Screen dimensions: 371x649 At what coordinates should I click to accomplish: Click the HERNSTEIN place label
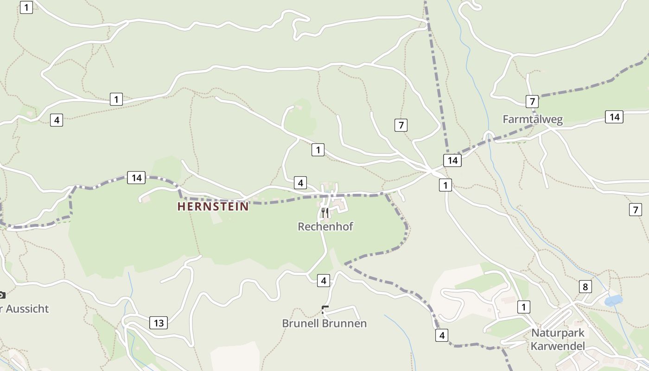(213, 206)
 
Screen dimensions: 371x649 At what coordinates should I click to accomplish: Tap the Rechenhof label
(325, 227)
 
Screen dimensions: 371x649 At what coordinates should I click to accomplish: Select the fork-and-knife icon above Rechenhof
(325, 213)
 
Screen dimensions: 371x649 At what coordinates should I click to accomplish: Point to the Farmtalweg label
(533, 120)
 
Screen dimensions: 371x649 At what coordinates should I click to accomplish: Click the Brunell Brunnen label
(324, 323)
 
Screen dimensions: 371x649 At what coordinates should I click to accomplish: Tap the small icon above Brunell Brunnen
(325, 309)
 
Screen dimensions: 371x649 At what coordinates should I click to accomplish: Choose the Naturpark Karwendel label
(558, 339)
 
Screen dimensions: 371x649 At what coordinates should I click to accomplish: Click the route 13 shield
(159, 323)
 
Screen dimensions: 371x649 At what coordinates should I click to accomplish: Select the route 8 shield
(585, 287)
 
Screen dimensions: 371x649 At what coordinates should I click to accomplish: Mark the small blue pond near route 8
(614, 301)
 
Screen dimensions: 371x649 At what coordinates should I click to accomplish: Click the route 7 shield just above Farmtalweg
(532, 101)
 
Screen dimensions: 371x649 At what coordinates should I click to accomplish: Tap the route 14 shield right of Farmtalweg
(614, 117)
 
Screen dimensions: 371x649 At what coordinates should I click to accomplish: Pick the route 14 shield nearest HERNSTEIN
(136, 178)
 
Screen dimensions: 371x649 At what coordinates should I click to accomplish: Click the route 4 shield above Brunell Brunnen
(324, 281)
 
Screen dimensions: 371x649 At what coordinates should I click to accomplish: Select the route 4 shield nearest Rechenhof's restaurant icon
(300, 183)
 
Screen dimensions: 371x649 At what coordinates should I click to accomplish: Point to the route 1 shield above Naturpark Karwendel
(524, 307)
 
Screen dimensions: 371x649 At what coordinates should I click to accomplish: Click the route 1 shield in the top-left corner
(26, 7)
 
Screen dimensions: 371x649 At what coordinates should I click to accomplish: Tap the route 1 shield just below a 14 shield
(445, 185)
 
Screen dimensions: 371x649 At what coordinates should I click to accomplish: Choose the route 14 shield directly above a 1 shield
(452, 160)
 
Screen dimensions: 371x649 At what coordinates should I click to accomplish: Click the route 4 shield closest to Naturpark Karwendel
(442, 335)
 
